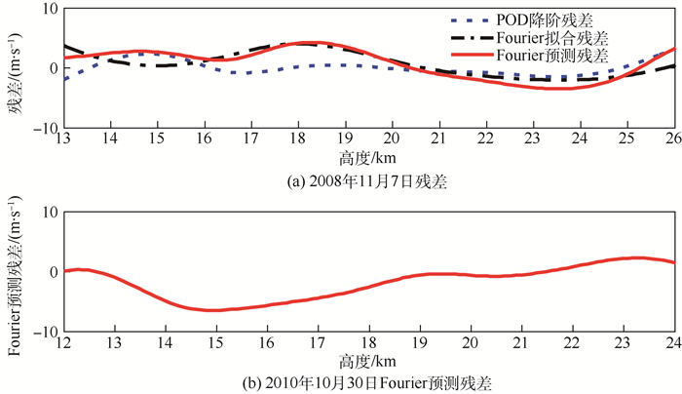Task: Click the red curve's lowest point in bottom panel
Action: coord(212,310)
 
